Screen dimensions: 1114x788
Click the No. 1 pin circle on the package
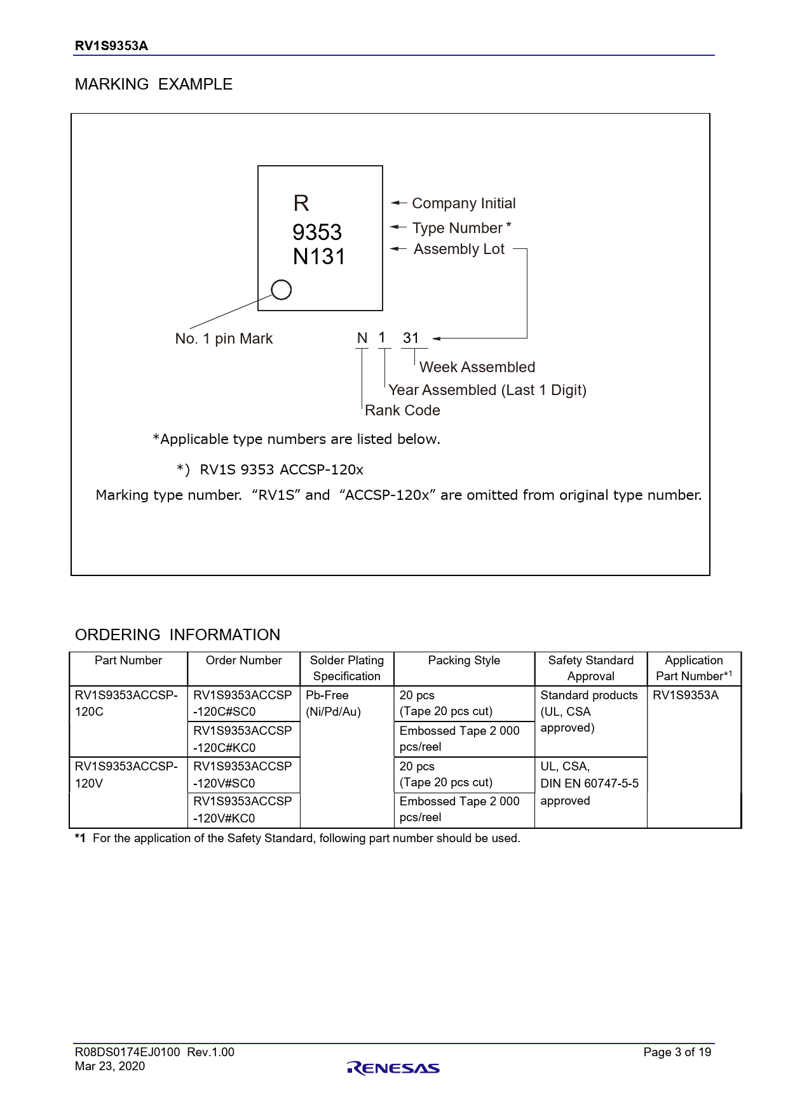tap(281, 290)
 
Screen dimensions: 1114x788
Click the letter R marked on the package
tap(301, 203)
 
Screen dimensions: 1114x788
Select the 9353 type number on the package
tap(317, 232)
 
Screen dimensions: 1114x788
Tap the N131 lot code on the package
tap(319, 257)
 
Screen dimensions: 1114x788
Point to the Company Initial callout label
tap(463, 203)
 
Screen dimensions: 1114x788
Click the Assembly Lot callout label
tap(459, 249)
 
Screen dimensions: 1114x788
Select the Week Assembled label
tap(477, 367)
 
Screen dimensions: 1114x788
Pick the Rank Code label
tap(402, 410)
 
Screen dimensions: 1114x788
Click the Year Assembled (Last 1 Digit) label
tap(487, 390)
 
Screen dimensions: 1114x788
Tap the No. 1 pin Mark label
tap(224, 339)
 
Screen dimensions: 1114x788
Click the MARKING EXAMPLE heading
tap(154, 84)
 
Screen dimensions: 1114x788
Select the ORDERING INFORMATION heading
tap(177, 634)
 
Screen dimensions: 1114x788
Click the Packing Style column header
tap(464, 661)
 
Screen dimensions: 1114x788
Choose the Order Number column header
tap(243, 661)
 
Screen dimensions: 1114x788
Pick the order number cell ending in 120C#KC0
tap(243, 739)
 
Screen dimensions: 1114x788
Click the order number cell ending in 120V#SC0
tap(243, 775)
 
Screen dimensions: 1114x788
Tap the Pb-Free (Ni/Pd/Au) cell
tap(333, 703)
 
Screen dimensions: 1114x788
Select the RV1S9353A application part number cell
tap(686, 695)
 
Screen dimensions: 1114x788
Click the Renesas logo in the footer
tap(393, 1068)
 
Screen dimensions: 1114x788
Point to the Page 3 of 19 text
tap(677, 1052)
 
